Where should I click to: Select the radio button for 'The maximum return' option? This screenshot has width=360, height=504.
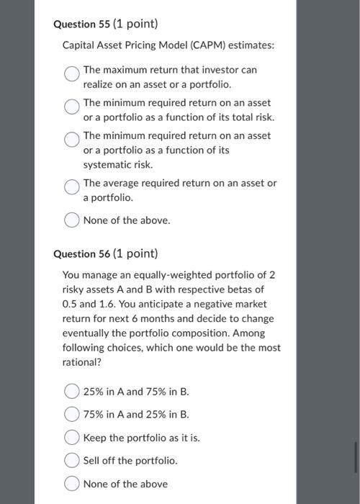[72, 74]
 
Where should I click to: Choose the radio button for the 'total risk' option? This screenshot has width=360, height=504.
[72, 107]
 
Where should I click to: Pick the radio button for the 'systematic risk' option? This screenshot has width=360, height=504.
[72, 140]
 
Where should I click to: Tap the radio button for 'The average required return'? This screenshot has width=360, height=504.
[72, 187]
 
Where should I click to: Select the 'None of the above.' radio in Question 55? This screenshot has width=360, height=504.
[72, 221]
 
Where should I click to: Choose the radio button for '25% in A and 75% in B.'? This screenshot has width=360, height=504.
[72, 392]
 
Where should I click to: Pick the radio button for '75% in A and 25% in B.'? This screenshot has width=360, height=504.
[72, 415]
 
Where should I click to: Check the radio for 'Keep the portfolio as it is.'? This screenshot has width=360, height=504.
[72, 438]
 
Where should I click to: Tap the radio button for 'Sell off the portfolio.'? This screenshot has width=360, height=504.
[72, 461]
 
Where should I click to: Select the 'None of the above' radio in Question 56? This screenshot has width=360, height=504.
[72, 484]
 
